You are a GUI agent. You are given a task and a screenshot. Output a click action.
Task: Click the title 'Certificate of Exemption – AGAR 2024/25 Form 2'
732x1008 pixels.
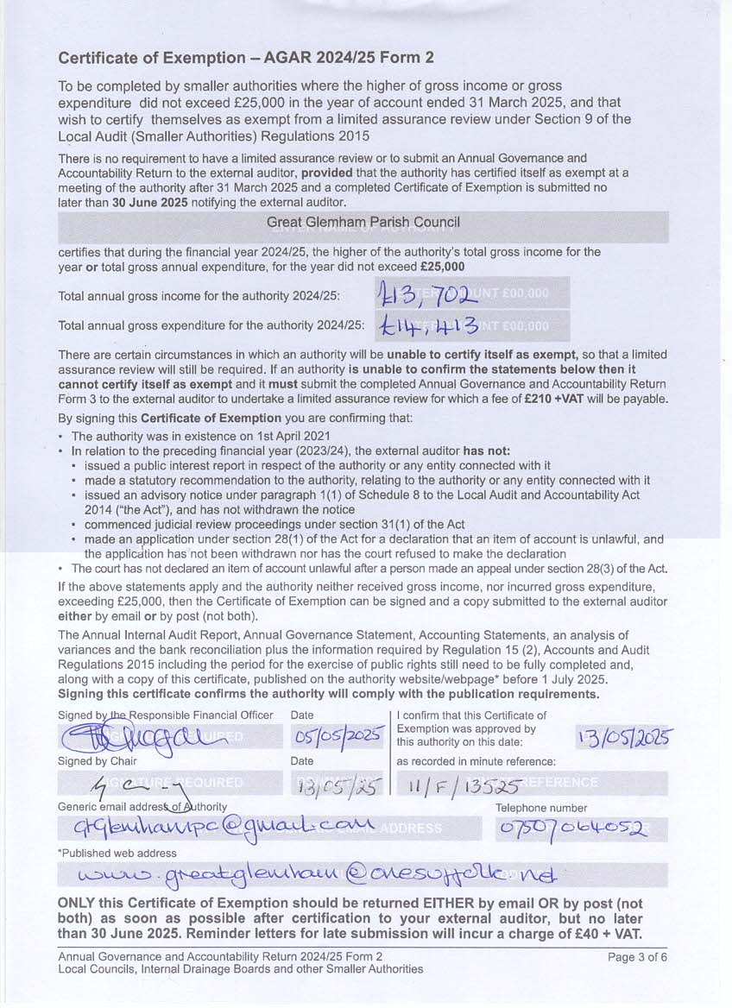coord(245,59)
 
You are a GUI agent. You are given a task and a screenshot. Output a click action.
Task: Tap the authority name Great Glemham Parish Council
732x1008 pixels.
coord(363,223)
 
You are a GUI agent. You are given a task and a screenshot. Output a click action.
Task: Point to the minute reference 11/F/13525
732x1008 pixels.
coord(458,784)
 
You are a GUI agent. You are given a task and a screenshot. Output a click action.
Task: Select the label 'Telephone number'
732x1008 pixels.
coord(541,808)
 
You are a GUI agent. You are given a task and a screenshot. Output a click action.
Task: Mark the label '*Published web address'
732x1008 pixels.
coord(117,853)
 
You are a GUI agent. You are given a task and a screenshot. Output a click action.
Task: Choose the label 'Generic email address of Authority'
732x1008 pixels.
coord(142,806)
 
